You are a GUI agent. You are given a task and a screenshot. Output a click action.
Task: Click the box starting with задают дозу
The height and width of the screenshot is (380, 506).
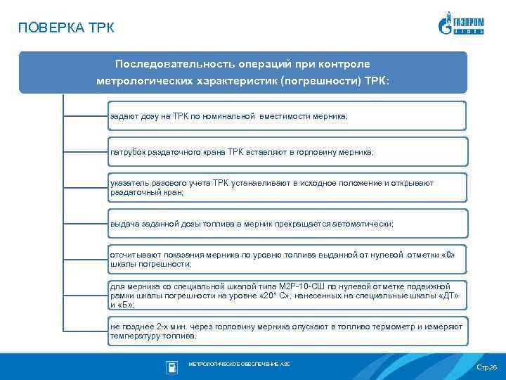(x=287, y=115)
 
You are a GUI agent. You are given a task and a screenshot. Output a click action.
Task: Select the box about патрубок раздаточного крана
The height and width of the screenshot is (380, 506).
(x=287, y=151)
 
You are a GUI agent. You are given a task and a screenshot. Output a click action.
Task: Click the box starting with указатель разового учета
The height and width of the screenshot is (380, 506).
(x=287, y=187)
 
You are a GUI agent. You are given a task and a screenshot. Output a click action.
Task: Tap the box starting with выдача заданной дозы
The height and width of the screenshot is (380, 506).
(x=287, y=223)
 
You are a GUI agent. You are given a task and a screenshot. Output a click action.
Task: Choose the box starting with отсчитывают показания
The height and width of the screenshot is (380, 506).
(x=287, y=259)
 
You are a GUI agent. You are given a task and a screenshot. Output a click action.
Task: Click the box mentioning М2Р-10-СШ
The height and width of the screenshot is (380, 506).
(x=287, y=296)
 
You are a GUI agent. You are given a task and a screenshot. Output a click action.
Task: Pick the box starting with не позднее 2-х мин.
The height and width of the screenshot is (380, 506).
(x=287, y=331)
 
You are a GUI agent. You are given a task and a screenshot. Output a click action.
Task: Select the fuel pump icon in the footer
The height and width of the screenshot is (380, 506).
(x=171, y=367)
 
